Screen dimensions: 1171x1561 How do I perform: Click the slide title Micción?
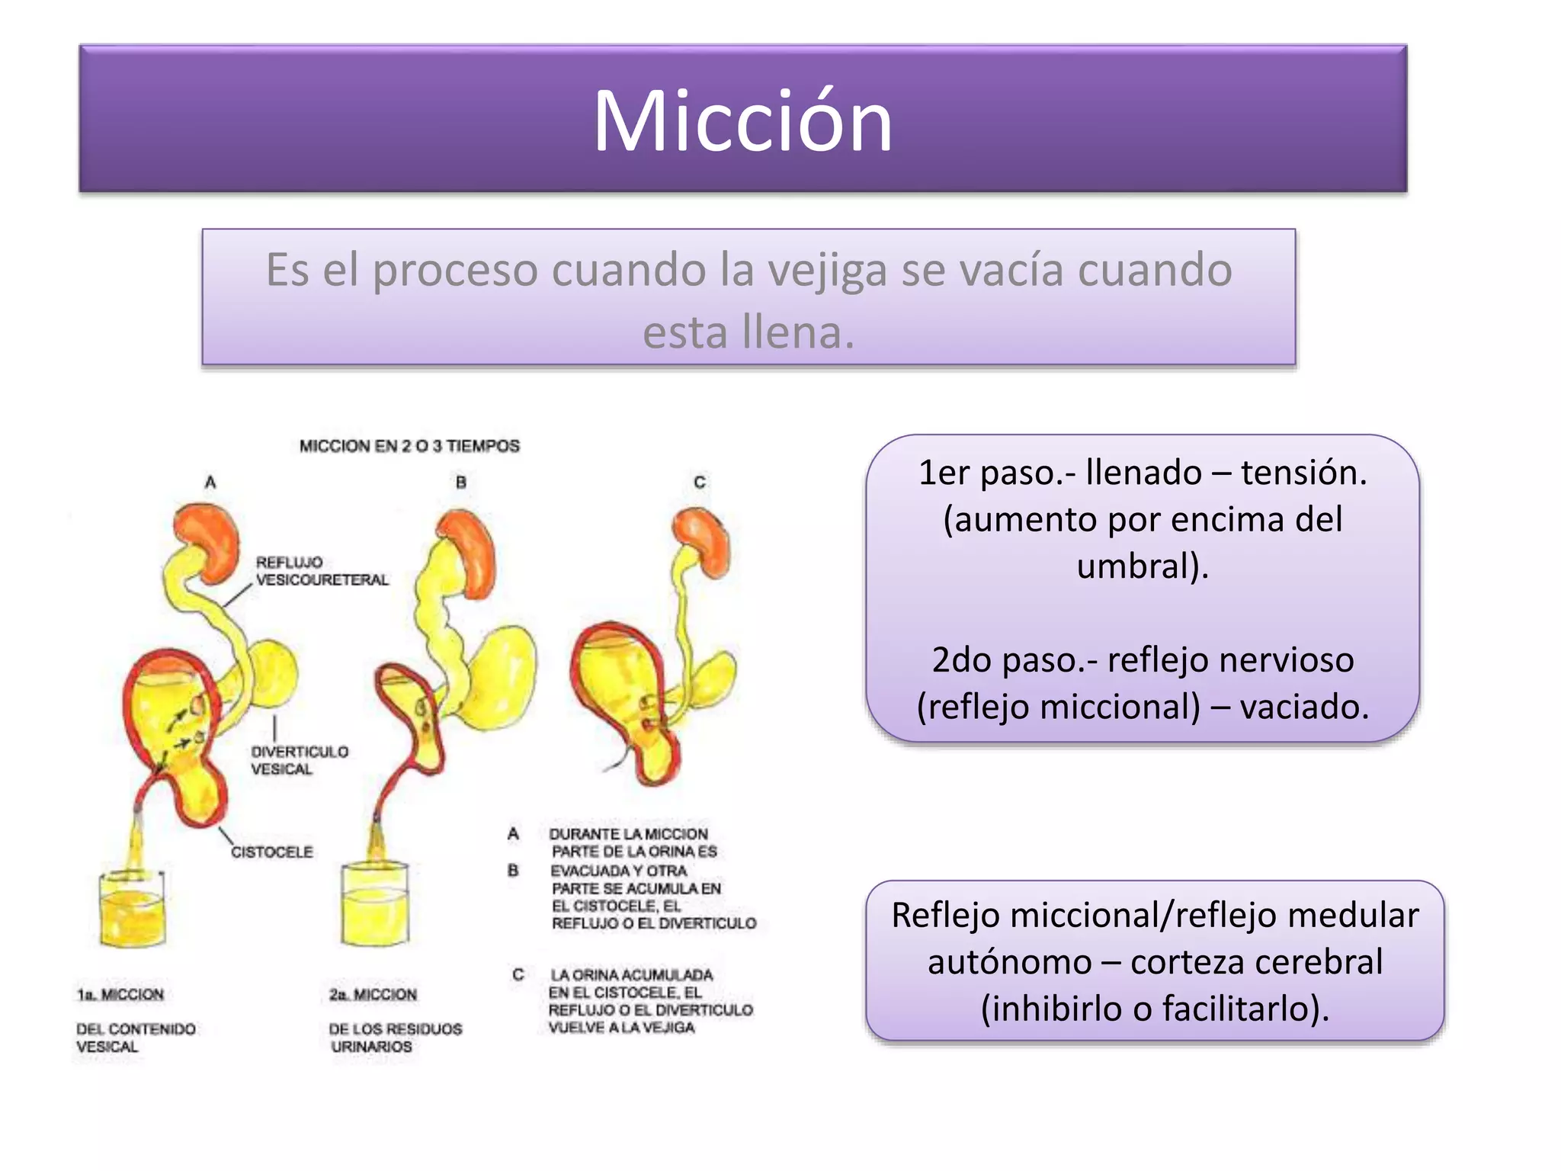click(x=742, y=121)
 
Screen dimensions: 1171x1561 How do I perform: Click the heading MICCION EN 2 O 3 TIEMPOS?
click(x=409, y=446)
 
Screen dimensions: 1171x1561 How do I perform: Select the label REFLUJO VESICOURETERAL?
click(x=321, y=571)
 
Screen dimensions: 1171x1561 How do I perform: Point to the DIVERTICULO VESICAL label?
click(x=299, y=760)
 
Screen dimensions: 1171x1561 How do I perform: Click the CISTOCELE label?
click(x=271, y=852)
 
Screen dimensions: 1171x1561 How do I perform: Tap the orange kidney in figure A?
click(x=207, y=541)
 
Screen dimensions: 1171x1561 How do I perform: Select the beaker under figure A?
click(x=133, y=907)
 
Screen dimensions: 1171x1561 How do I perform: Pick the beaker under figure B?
click(x=374, y=903)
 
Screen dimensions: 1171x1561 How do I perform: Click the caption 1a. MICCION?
click(x=120, y=994)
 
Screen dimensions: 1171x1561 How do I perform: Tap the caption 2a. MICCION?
click(x=373, y=994)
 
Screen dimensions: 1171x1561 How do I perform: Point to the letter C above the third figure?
click(x=700, y=482)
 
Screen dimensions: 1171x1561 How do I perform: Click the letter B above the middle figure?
click(x=461, y=482)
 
